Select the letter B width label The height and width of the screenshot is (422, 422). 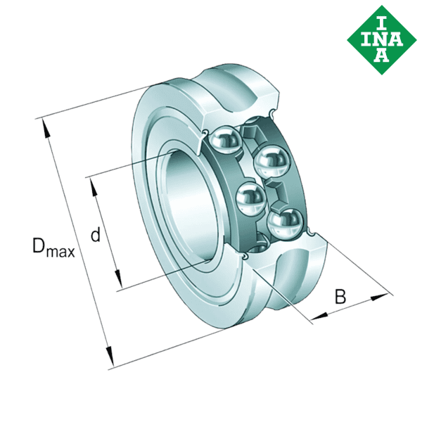[x=340, y=297]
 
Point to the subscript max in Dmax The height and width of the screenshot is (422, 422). [x=62, y=251]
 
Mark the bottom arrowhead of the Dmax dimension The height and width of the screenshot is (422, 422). [x=109, y=359]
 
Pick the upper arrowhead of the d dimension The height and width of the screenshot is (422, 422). [x=92, y=184]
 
